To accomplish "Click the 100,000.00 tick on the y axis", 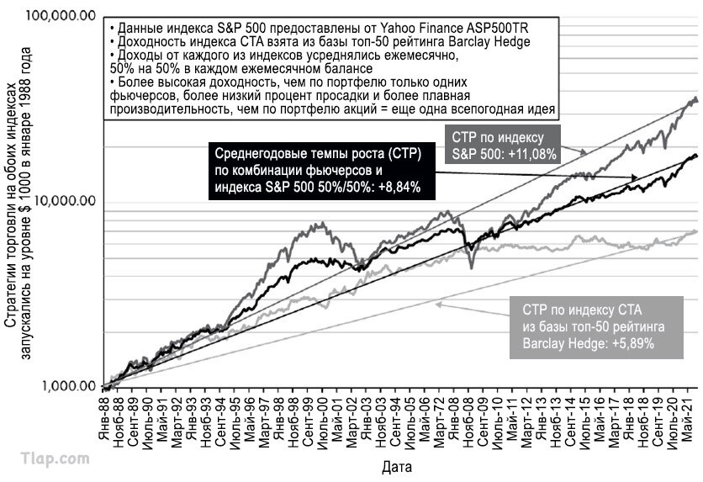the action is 61,16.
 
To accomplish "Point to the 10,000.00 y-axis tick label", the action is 65,201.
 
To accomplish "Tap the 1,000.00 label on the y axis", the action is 69,386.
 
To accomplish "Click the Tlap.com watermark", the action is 55,459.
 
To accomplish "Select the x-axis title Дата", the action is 397,467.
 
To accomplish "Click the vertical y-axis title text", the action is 18,203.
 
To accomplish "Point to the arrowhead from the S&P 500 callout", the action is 583,152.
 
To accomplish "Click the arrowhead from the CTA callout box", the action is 439,305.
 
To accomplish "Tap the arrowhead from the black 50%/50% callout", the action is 633,177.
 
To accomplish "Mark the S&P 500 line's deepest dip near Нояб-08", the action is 471,267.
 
